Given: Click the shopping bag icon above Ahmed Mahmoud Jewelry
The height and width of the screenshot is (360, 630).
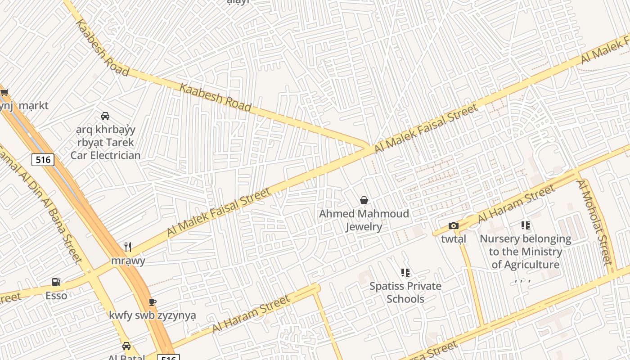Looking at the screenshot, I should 364,200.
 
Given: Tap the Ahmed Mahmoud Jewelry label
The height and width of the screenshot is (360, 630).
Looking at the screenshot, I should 364,220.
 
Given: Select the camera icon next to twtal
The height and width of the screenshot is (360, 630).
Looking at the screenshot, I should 454,226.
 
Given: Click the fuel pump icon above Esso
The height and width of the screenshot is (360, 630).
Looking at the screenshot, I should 56,282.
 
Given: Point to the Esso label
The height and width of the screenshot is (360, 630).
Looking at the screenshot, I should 56,296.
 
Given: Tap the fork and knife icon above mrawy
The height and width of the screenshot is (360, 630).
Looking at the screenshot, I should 128,247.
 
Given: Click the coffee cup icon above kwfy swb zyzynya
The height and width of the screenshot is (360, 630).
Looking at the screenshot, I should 152,302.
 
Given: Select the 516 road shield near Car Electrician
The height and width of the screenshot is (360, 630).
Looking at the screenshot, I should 43,160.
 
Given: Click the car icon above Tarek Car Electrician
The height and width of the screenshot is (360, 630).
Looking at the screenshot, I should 105,116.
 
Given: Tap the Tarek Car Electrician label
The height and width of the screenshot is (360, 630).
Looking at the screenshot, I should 105,142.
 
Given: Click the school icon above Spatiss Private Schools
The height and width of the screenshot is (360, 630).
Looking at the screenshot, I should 405,272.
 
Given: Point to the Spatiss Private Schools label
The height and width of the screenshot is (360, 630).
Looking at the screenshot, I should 405,292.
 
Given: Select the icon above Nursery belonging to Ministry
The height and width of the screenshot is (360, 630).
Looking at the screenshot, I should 525,225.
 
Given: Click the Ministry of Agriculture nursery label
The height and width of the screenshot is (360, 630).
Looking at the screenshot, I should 525,252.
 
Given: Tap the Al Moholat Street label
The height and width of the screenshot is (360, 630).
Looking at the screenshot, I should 595,222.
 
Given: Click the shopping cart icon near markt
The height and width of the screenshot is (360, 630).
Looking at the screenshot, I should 4,93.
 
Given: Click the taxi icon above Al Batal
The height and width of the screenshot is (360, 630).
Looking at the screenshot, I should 126,346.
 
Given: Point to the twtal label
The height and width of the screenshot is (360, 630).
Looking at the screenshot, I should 453,239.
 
